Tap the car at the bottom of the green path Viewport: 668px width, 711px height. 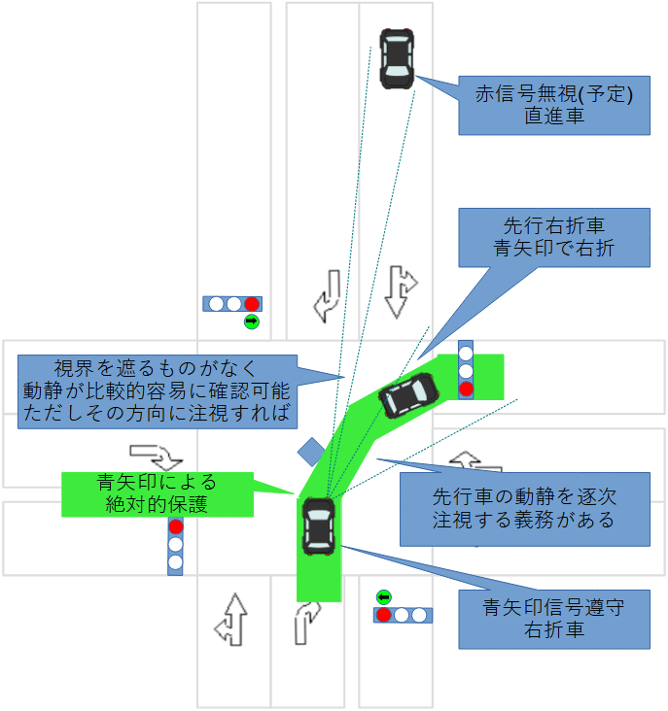click(319, 527)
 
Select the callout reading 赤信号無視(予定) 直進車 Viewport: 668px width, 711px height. click(553, 105)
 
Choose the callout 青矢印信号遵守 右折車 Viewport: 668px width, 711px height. click(553, 618)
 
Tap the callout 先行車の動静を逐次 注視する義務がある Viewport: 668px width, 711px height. click(524, 509)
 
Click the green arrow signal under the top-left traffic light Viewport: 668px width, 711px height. click(252, 321)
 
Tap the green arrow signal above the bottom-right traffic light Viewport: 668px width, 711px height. click(383, 596)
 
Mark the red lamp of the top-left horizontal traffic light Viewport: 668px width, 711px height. click(252, 303)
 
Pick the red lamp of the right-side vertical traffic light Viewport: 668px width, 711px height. click(466, 389)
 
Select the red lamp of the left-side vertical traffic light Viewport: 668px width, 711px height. click(176, 526)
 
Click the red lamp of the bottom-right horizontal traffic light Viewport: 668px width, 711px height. click(384, 615)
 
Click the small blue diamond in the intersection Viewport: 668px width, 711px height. click(310, 451)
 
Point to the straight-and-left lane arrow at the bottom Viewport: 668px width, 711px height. click(232, 618)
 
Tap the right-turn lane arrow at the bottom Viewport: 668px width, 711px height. click(306, 621)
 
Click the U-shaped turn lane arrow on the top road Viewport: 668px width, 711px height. click(327, 296)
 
